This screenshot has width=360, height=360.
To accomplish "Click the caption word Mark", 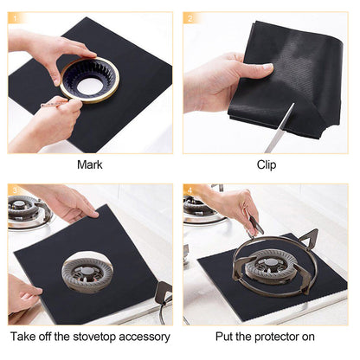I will click(89, 164).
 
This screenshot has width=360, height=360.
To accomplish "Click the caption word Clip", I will click(267, 164).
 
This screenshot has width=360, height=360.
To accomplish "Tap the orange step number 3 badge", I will click(15, 190).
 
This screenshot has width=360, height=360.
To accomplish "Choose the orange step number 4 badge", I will click(190, 190).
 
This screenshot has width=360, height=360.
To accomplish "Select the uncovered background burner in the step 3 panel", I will click(26, 210).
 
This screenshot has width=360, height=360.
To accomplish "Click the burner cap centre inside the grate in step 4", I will click(268, 267).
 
